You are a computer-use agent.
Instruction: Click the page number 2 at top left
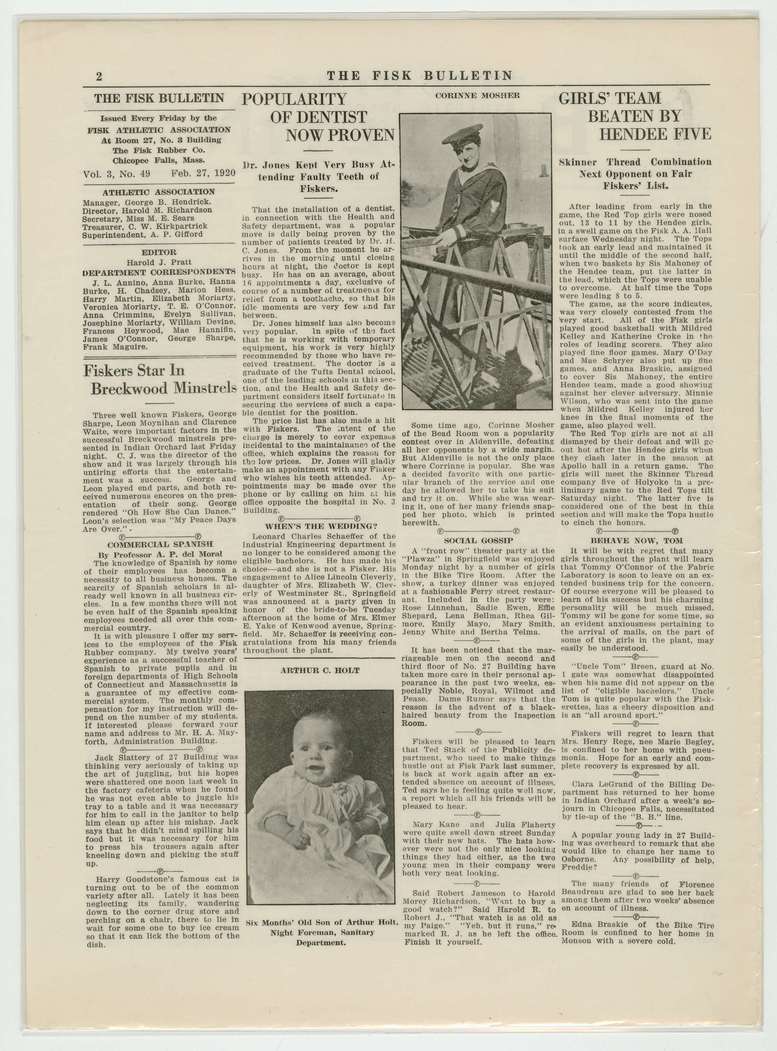pos(99,76)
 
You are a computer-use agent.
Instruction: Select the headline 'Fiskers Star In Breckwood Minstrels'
pos(160,380)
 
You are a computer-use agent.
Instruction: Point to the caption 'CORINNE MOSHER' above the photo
pos(477,96)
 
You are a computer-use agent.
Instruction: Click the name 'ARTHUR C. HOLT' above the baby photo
pos(320,671)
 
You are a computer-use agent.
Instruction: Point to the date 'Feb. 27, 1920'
pos(203,173)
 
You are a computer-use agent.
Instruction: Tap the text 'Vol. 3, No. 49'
pos(117,173)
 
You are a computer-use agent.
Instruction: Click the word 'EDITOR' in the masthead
pos(159,252)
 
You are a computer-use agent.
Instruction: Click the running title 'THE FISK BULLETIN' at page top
pos(419,76)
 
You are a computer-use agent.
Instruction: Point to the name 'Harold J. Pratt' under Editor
pos(159,262)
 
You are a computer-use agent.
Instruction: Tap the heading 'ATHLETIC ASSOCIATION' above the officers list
pos(159,192)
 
